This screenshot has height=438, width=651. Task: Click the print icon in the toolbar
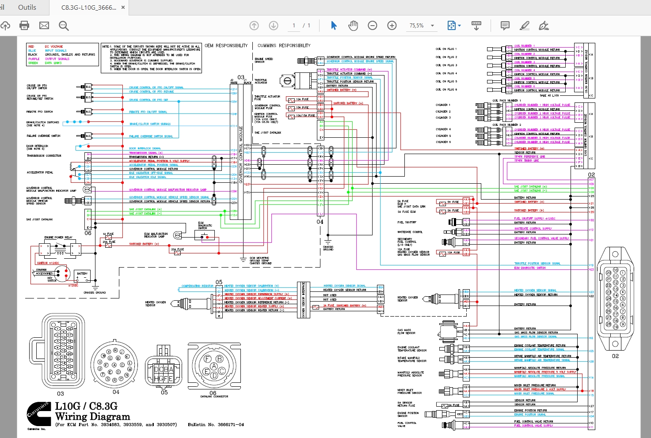point(24,26)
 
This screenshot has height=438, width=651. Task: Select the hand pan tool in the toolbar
point(353,26)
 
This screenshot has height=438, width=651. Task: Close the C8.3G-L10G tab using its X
point(123,8)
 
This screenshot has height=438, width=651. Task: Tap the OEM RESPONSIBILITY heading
point(226,45)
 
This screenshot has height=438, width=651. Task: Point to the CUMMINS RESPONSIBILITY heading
point(284,45)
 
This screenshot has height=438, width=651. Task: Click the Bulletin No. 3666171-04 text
point(216,425)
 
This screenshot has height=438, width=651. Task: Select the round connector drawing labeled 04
point(115,364)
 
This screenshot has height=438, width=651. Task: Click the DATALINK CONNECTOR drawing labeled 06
point(214,366)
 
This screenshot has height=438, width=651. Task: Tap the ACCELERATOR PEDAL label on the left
point(40,173)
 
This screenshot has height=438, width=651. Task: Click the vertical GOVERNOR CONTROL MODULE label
point(241,155)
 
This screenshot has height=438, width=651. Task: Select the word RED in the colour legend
point(31,46)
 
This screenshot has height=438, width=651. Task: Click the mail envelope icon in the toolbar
point(44,26)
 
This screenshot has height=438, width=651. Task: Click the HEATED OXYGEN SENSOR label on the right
point(408,299)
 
